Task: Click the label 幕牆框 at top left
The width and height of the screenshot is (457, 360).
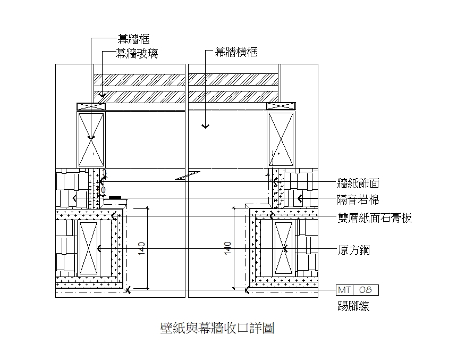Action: point(133,39)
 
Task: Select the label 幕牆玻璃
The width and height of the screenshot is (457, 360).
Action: point(137,53)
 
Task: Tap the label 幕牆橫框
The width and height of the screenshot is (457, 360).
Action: point(236,52)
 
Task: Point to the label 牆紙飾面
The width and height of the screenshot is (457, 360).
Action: point(358,183)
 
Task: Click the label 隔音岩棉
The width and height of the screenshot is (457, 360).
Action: point(358,200)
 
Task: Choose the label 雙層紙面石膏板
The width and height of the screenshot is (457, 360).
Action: point(375,218)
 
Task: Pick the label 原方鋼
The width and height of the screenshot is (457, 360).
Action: point(354,250)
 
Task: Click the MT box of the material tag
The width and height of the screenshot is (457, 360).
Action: point(344,290)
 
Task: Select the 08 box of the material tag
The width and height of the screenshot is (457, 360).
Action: point(366,290)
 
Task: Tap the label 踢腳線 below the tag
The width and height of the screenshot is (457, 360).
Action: point(353,306)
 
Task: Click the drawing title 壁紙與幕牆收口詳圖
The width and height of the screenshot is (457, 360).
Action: point(217,328)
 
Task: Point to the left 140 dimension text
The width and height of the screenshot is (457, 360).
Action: point(141,248)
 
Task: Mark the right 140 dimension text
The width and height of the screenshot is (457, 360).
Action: point(227,248)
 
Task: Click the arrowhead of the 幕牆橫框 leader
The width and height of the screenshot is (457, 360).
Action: point(206,127)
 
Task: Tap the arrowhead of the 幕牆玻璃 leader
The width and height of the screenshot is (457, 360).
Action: point(103,95)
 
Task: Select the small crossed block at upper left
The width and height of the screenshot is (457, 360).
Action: point(91,106)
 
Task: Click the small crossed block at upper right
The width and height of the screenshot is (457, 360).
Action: point(281,106)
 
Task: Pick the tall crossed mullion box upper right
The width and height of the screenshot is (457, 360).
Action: point(281,139)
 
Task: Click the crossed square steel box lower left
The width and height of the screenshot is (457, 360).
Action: point(88,248)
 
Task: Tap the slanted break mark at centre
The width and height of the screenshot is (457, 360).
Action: point(188,175)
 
